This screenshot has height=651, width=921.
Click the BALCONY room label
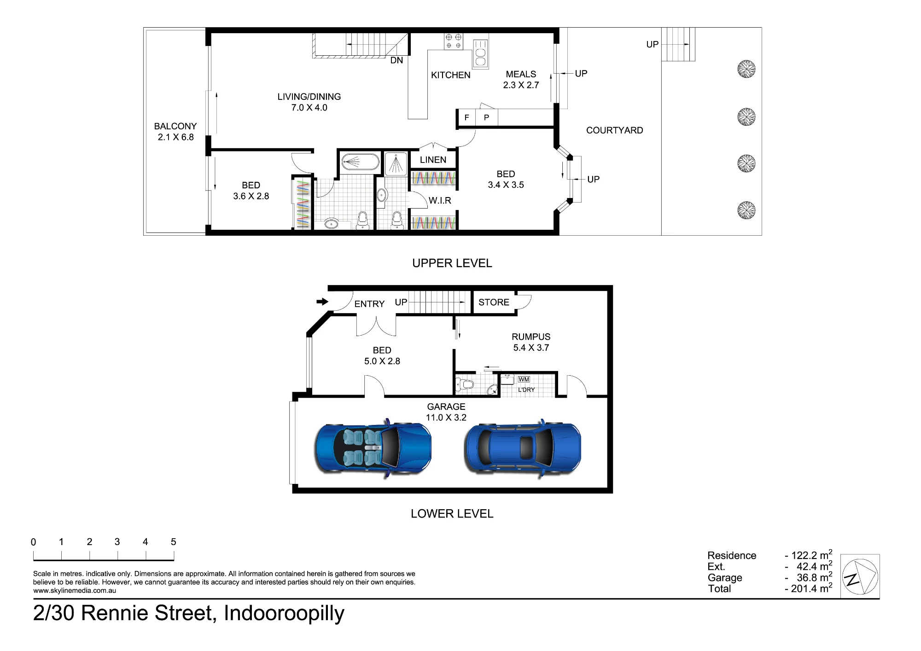[x=175, y=126]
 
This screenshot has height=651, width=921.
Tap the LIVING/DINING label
[x=309, y=97]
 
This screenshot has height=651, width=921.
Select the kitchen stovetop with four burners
[x=454, y=41]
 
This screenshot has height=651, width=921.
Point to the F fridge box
[x=466, y=118]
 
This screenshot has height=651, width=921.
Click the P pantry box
[x=487, y=118]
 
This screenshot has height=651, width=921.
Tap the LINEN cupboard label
[x=433, y=160]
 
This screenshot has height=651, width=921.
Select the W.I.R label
[x=440, y=200]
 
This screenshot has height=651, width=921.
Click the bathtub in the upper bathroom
[x=360, y=162]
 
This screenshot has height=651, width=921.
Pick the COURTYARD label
[x=614, y=130]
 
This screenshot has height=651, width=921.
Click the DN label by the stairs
[x=396, y=60]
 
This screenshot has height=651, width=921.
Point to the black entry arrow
[x=322, y=302]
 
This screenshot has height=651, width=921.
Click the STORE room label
[x=494, y=302]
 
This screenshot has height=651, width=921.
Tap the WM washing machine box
[x=524, y=379]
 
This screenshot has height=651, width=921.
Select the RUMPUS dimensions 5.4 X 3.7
[x=531, y=348]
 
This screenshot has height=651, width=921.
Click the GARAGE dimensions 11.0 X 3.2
[x=446, y=418]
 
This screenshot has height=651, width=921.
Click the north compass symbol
[x=860, y=576]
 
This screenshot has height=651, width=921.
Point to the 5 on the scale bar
[x=173, y=542]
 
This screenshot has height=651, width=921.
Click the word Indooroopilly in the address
[x=284, y=614]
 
